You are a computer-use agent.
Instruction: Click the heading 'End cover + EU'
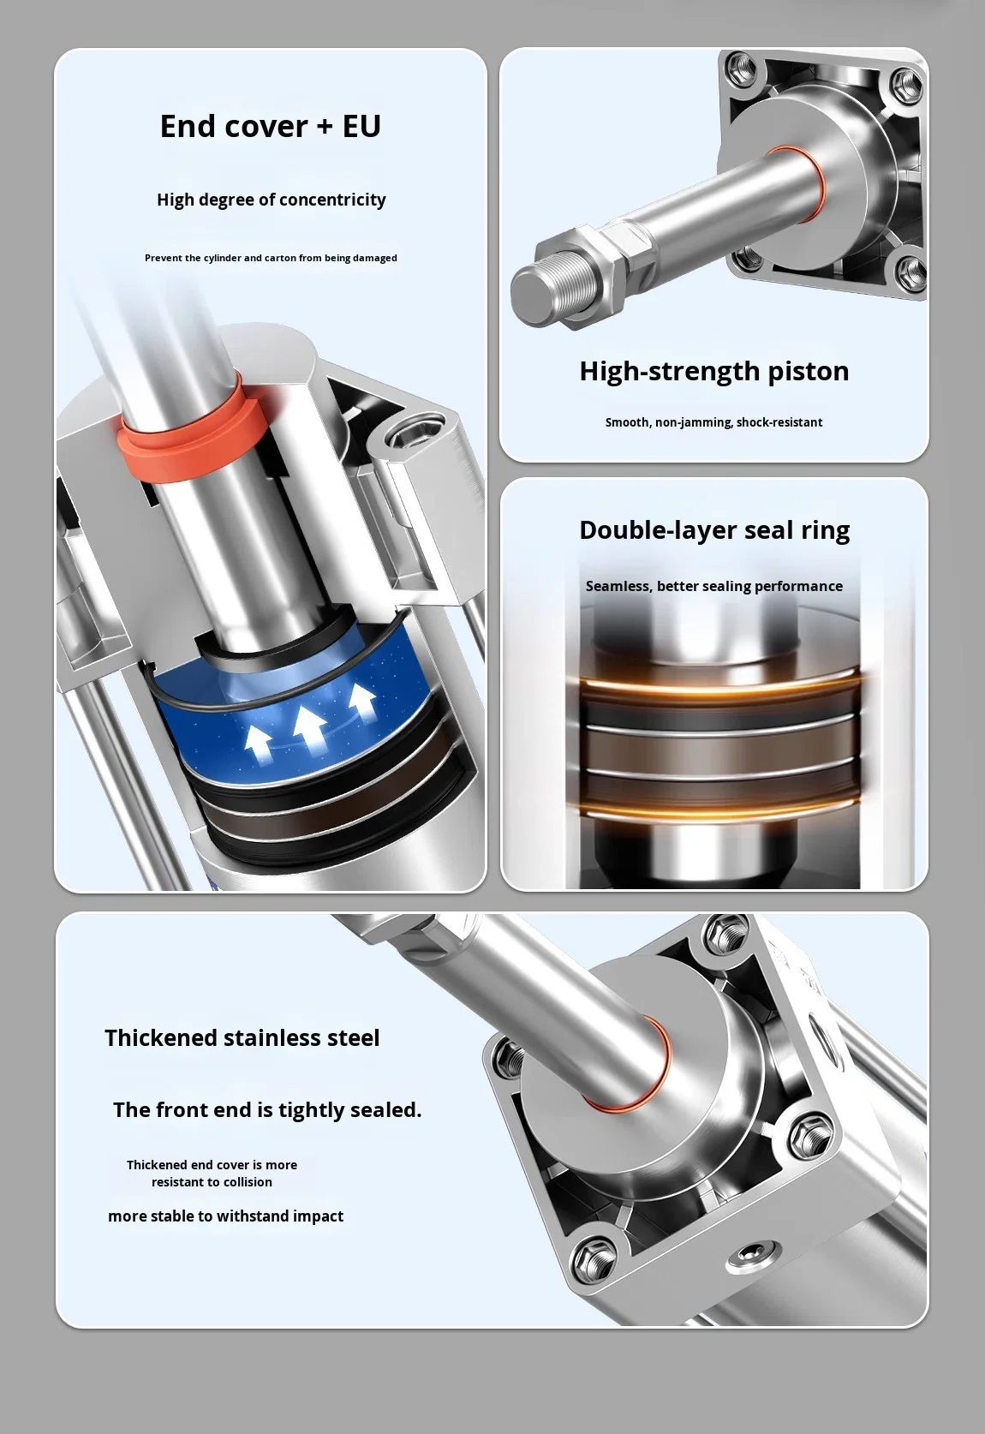tap(270, 126)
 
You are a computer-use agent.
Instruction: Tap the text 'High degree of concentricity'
tap(271, 200)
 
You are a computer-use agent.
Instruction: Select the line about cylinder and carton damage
tap(271, 258)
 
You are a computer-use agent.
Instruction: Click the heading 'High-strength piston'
tap(713, 371)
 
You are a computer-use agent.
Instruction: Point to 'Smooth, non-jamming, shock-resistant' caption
tap(713, 422)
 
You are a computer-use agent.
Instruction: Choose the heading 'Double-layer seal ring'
tap(714, 529)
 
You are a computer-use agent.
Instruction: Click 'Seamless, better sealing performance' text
tap(713, 586)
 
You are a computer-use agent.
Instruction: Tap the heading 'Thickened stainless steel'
tap(242, 1038)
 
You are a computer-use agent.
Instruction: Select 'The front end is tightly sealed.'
tap(267, 1110)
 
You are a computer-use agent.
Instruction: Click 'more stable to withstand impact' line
tap(225, 1216)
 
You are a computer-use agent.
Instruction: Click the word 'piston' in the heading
tap(802, 371)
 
